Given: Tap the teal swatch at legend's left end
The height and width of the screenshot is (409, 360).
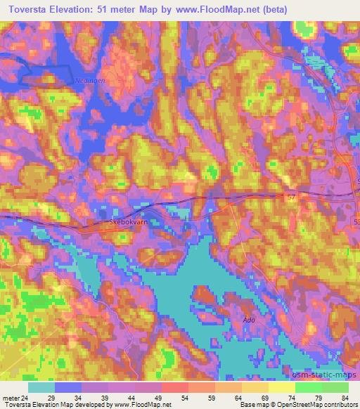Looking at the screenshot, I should pos(41,388).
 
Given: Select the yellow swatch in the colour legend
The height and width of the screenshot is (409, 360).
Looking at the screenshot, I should pos(282,388).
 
